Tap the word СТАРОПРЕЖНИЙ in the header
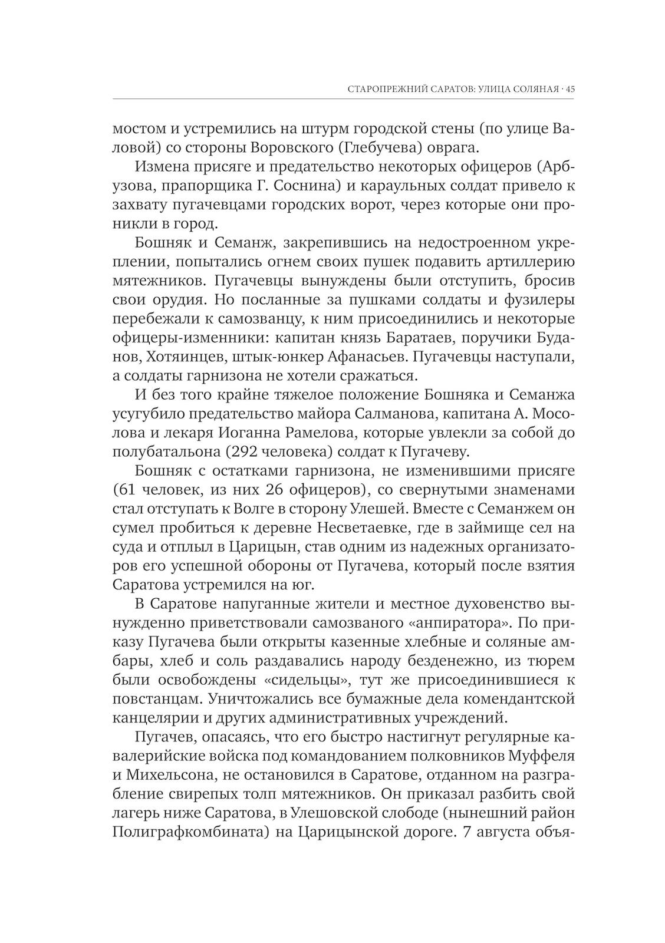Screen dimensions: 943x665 tap(383, 90)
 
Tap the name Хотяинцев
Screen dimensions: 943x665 tap(187, 357)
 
